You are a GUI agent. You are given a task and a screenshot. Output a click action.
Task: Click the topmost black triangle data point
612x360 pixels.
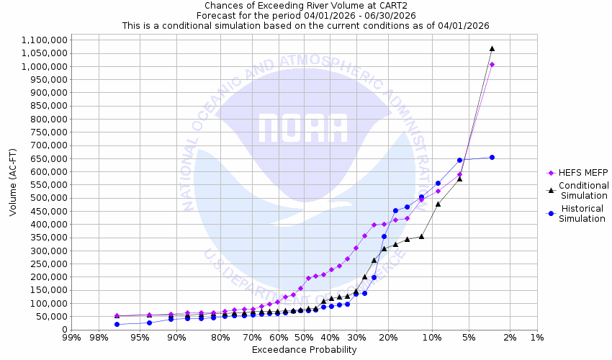(x=492, y=48)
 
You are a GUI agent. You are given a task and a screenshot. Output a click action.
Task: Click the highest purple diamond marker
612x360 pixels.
(x=492, y=65)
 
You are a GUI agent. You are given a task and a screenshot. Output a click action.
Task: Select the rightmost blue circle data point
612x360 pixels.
(x=492, y=157)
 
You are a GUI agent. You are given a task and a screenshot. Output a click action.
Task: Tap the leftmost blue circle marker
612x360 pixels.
(x=117, y=324)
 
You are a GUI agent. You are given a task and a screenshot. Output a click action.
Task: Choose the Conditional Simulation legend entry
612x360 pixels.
(x=583, y=191)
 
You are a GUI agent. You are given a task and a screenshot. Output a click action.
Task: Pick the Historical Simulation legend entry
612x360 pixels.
(x=583, y=214)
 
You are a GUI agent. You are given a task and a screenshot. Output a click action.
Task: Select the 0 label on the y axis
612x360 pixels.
(x=64, y=330)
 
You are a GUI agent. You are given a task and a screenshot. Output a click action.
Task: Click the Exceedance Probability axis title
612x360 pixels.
(x=304, y=350)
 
